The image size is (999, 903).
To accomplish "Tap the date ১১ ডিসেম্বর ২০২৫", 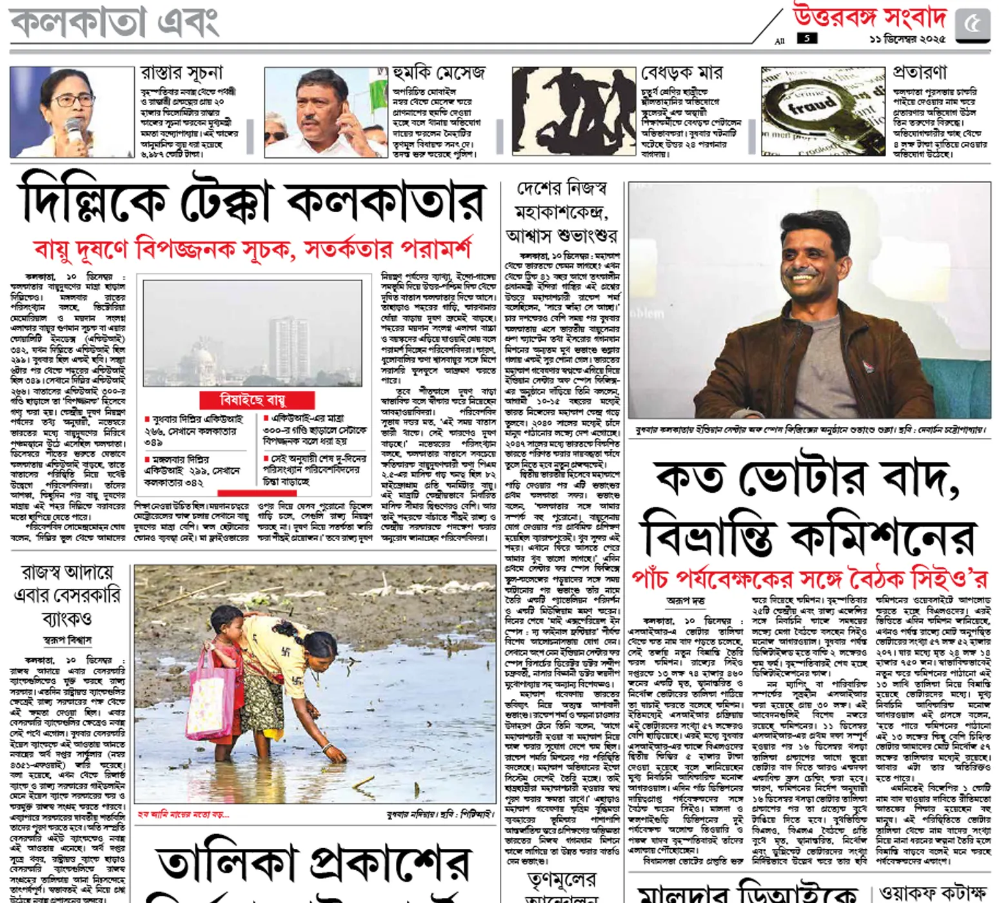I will tap(907, 39).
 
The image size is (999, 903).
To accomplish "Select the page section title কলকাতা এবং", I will tap(115, 21).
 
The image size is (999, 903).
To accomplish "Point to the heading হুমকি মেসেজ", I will tap(439, 73).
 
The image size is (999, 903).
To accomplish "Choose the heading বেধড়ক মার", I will tap(682, 73).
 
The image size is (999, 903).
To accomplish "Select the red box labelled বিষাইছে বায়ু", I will tap(257, 400).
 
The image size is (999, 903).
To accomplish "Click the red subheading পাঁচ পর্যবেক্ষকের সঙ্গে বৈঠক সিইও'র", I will tap(809, 579).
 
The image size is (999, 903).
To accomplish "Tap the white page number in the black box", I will tap(807, 39).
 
